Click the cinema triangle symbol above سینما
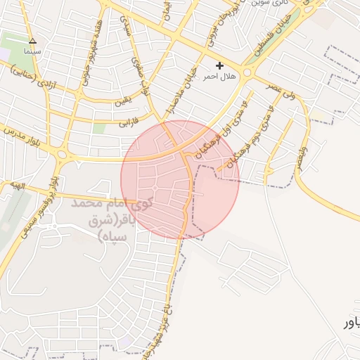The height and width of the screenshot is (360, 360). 32,41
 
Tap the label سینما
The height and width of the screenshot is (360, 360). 32,51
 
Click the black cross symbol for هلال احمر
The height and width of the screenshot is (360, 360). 220,65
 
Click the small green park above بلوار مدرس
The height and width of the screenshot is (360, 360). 99,128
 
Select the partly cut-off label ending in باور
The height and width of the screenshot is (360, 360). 350,323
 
